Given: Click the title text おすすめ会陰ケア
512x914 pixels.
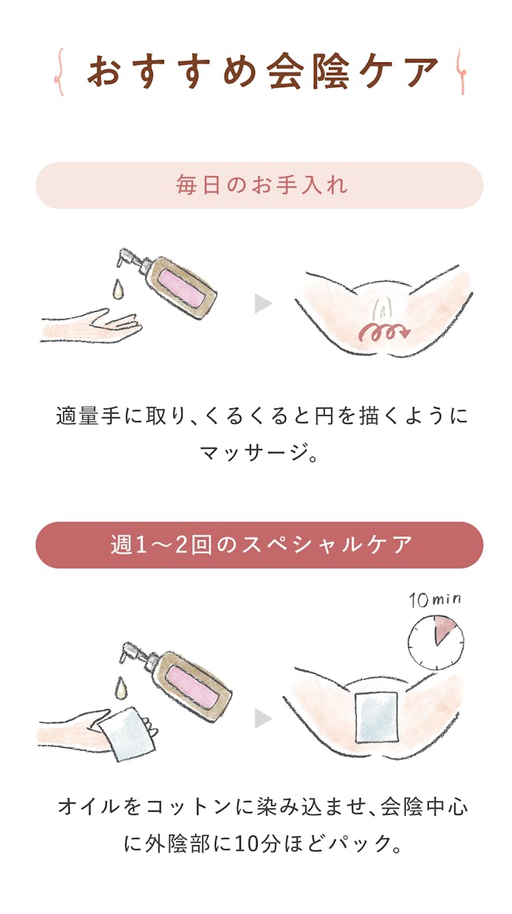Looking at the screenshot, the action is [x=262, y=72].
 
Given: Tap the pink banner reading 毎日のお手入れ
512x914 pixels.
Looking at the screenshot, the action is [x=259, y=186].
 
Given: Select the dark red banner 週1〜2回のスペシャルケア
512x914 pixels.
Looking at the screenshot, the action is [x=259, y=545].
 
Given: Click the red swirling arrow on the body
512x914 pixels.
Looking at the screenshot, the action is [x=386, y=332].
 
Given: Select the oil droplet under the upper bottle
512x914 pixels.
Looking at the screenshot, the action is [x=120, y=287].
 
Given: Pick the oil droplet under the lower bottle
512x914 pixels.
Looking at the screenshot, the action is [x=121, y=688].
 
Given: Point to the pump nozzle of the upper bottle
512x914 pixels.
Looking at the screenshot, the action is [x=128, y=257].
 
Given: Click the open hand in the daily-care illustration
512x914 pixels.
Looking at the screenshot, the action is [x=91, y=325].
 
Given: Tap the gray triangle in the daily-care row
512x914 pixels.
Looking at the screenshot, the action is [x=263, y=305].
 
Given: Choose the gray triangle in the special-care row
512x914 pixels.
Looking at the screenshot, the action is [x=263, y=718].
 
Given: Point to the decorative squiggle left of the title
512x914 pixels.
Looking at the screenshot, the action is [x=60, y=72].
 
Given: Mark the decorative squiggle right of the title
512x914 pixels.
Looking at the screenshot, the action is [x=461, y=72].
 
